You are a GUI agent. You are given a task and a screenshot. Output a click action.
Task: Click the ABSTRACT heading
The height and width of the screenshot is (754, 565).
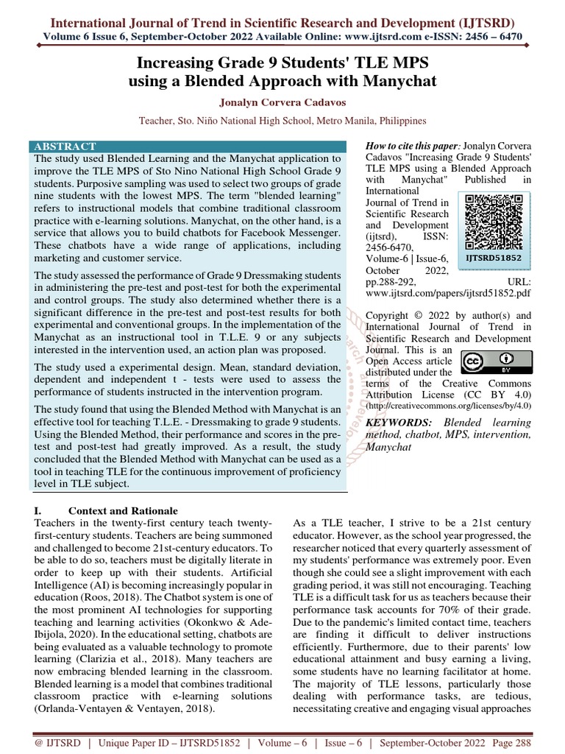click(64, 147)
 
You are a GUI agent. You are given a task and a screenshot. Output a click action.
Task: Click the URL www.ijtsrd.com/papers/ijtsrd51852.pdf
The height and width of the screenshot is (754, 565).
click(448, 293)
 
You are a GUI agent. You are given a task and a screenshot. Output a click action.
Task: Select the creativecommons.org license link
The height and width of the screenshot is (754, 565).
click(448, 405)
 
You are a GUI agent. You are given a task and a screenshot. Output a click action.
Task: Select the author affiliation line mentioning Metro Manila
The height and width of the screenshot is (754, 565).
click(282, 120)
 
